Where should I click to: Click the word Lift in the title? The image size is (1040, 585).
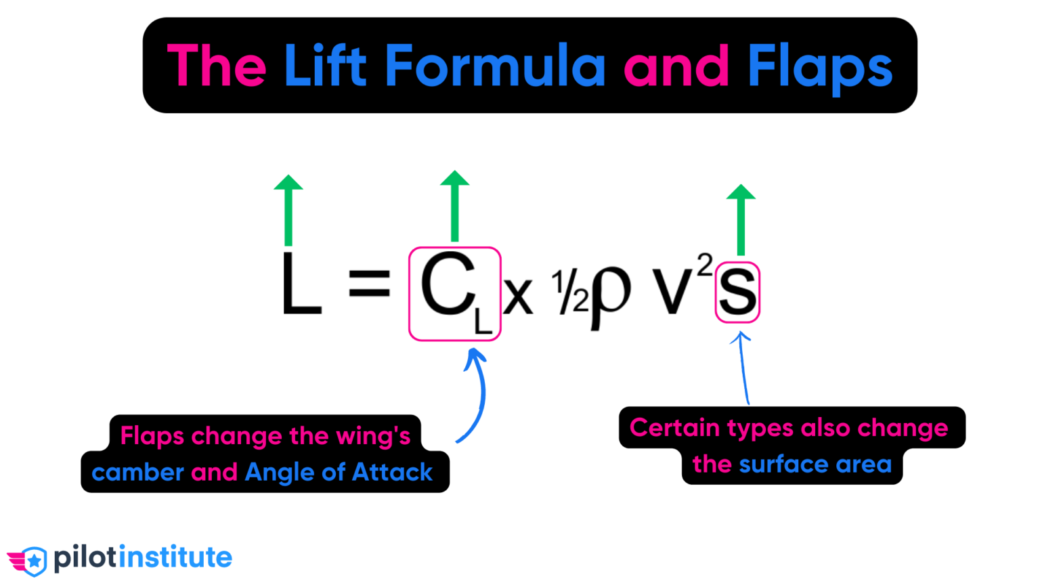(x=324, y=66)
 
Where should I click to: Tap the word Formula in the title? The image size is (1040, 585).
(x=495, y=66)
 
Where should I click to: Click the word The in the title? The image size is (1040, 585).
(x=217, y=66)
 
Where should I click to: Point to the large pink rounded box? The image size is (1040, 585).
(x=454, y=293)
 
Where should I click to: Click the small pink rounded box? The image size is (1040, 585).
(x=738, y=292)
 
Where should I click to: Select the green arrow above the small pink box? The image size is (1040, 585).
(x=741, y=219)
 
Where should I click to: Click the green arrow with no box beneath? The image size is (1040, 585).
(x=288, y=210)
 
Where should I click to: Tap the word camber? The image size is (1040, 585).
(x=137, y=472)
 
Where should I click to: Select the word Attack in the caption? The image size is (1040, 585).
(x=392, y=472)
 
